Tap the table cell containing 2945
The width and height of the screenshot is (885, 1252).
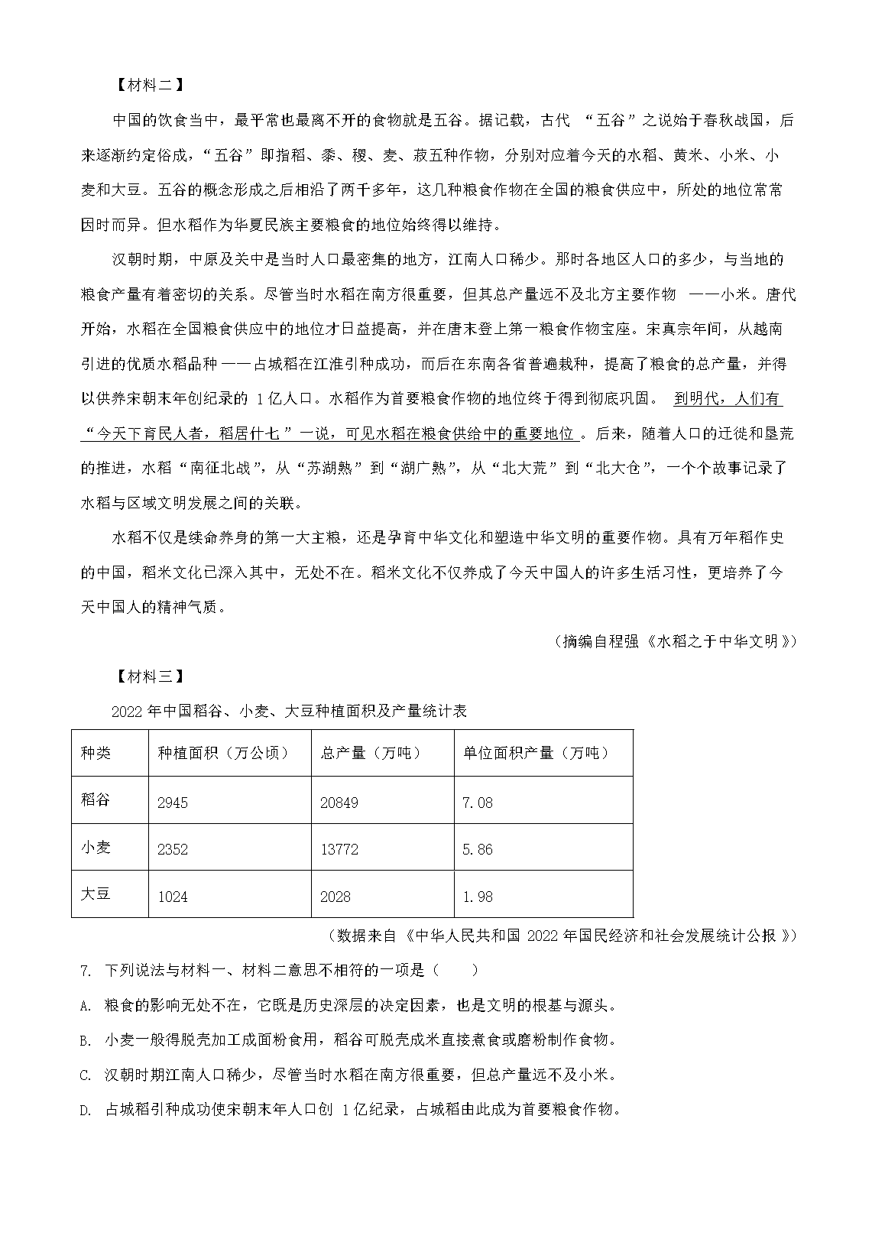(172, 803)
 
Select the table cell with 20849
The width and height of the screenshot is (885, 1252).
(339, 803)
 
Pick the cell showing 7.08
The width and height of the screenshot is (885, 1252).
(478, 803)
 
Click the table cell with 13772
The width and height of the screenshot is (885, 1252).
(339, 849)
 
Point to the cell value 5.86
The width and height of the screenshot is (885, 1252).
(478, 849)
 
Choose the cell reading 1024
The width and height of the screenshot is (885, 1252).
(172, 897)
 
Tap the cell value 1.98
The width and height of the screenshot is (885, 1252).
(478, 897)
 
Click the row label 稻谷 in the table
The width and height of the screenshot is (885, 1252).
(96, 800)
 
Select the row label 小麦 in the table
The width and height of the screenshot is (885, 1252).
(96, 847)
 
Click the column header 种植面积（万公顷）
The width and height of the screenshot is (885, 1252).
(223, 753)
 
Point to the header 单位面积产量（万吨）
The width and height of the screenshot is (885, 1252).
(536, 753)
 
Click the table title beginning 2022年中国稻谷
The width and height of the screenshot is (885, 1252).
(289, 712)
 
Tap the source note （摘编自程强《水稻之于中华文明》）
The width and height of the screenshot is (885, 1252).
(675, 641)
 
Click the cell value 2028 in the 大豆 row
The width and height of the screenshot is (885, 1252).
(336, 897)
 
